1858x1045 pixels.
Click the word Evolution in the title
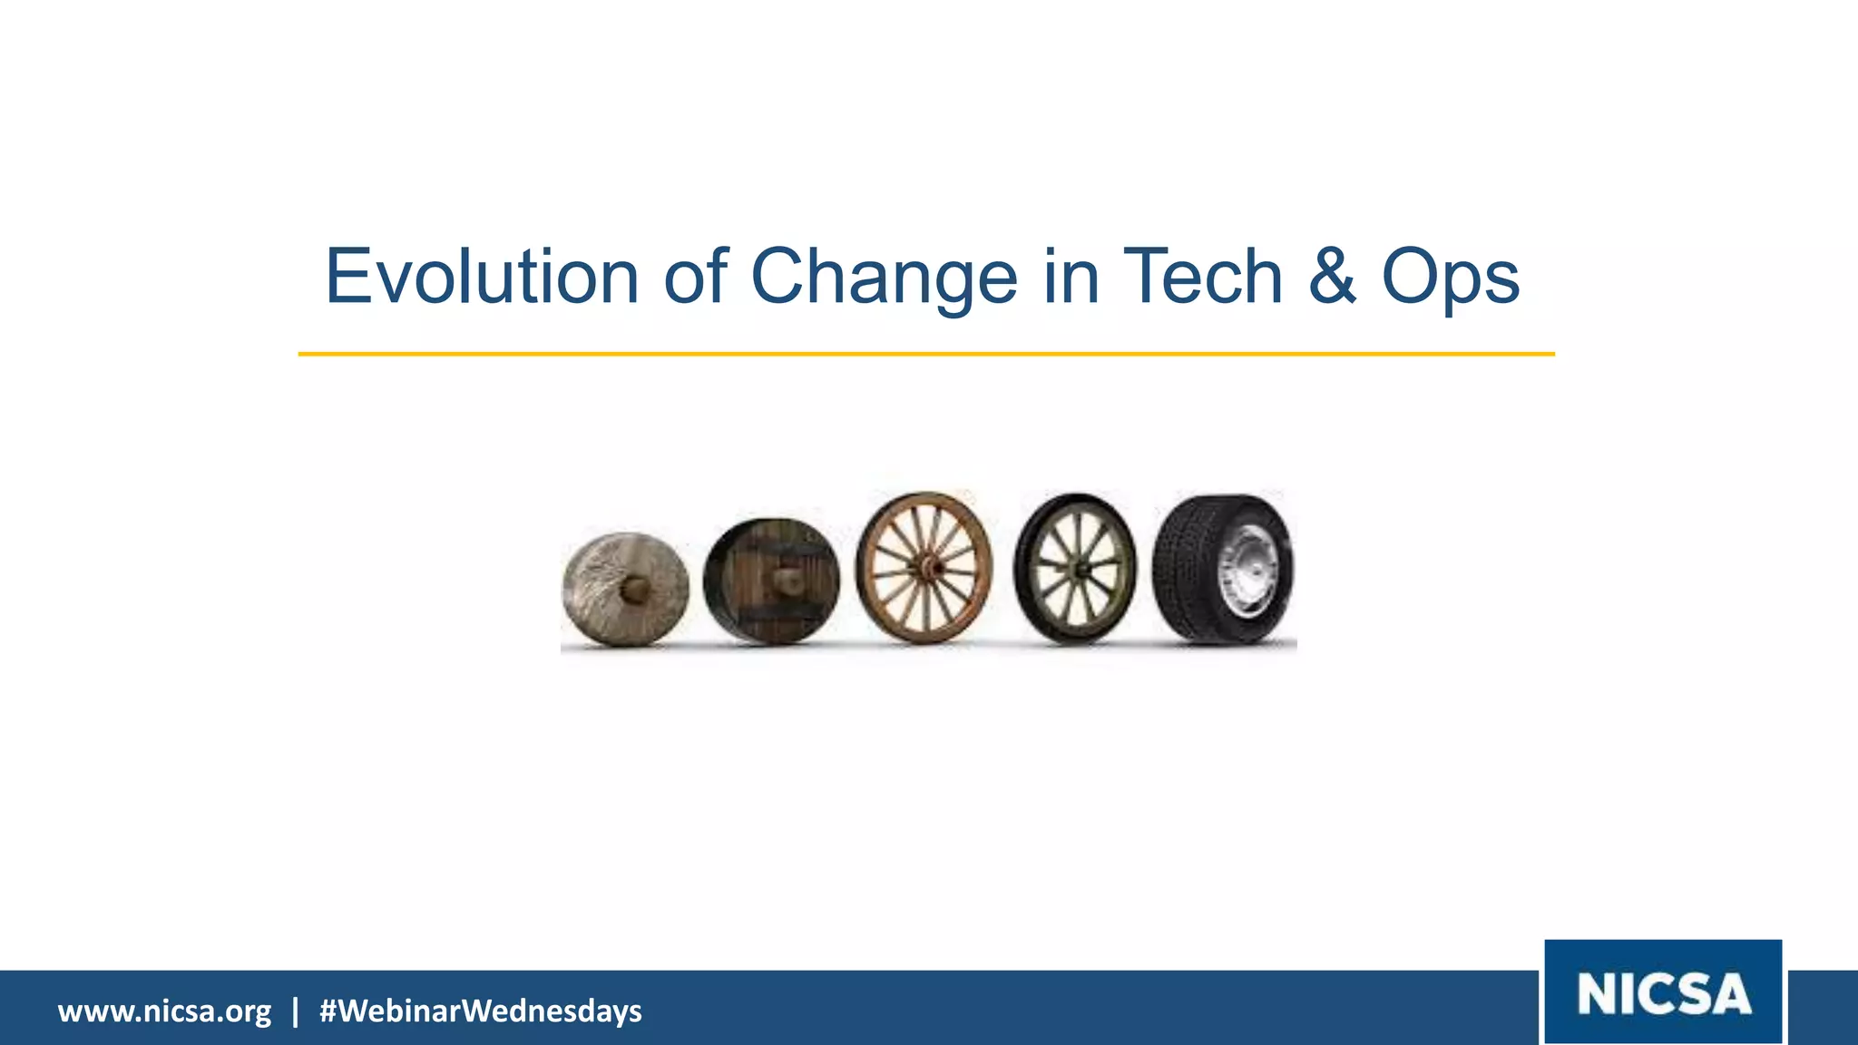coord(482,276)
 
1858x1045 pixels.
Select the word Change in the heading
coord(884,278)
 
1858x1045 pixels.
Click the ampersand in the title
coord(1332,276)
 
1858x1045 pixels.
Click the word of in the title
coord(696,276)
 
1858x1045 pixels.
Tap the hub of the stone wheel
coord(634,591)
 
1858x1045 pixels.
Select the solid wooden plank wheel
coord(771,581)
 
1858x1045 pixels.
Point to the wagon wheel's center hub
coord(927,569)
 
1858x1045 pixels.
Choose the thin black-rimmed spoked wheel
coord(1075,570)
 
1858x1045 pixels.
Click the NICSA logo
coord(1663,992)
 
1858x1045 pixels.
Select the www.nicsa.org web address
coord(164,1011)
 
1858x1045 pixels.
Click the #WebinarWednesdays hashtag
coord(480,1011)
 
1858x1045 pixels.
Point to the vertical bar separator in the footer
coord(295,1011)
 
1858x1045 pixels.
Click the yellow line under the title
coord(925,354)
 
